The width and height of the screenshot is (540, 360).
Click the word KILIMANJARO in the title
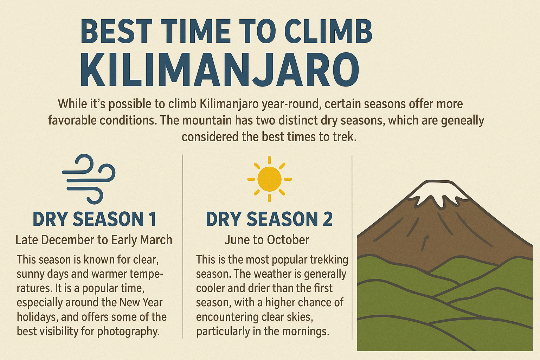tap(220, 70)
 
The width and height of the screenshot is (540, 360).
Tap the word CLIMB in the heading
tap(328, 31)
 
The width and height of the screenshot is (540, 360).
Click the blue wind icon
tap(89, 179)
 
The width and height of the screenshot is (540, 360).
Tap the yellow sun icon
tap(270, 179)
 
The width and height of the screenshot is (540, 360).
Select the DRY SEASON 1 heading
tap(94, 219)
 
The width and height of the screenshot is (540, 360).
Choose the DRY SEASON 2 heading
tap(269, 219)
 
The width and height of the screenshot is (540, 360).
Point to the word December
tap(68, 240)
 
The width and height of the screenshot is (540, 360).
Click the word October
tap(288, 240)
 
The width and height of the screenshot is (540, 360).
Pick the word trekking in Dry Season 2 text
tap(328, 260)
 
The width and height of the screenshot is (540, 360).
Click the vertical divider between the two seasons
tap(183, 246)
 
